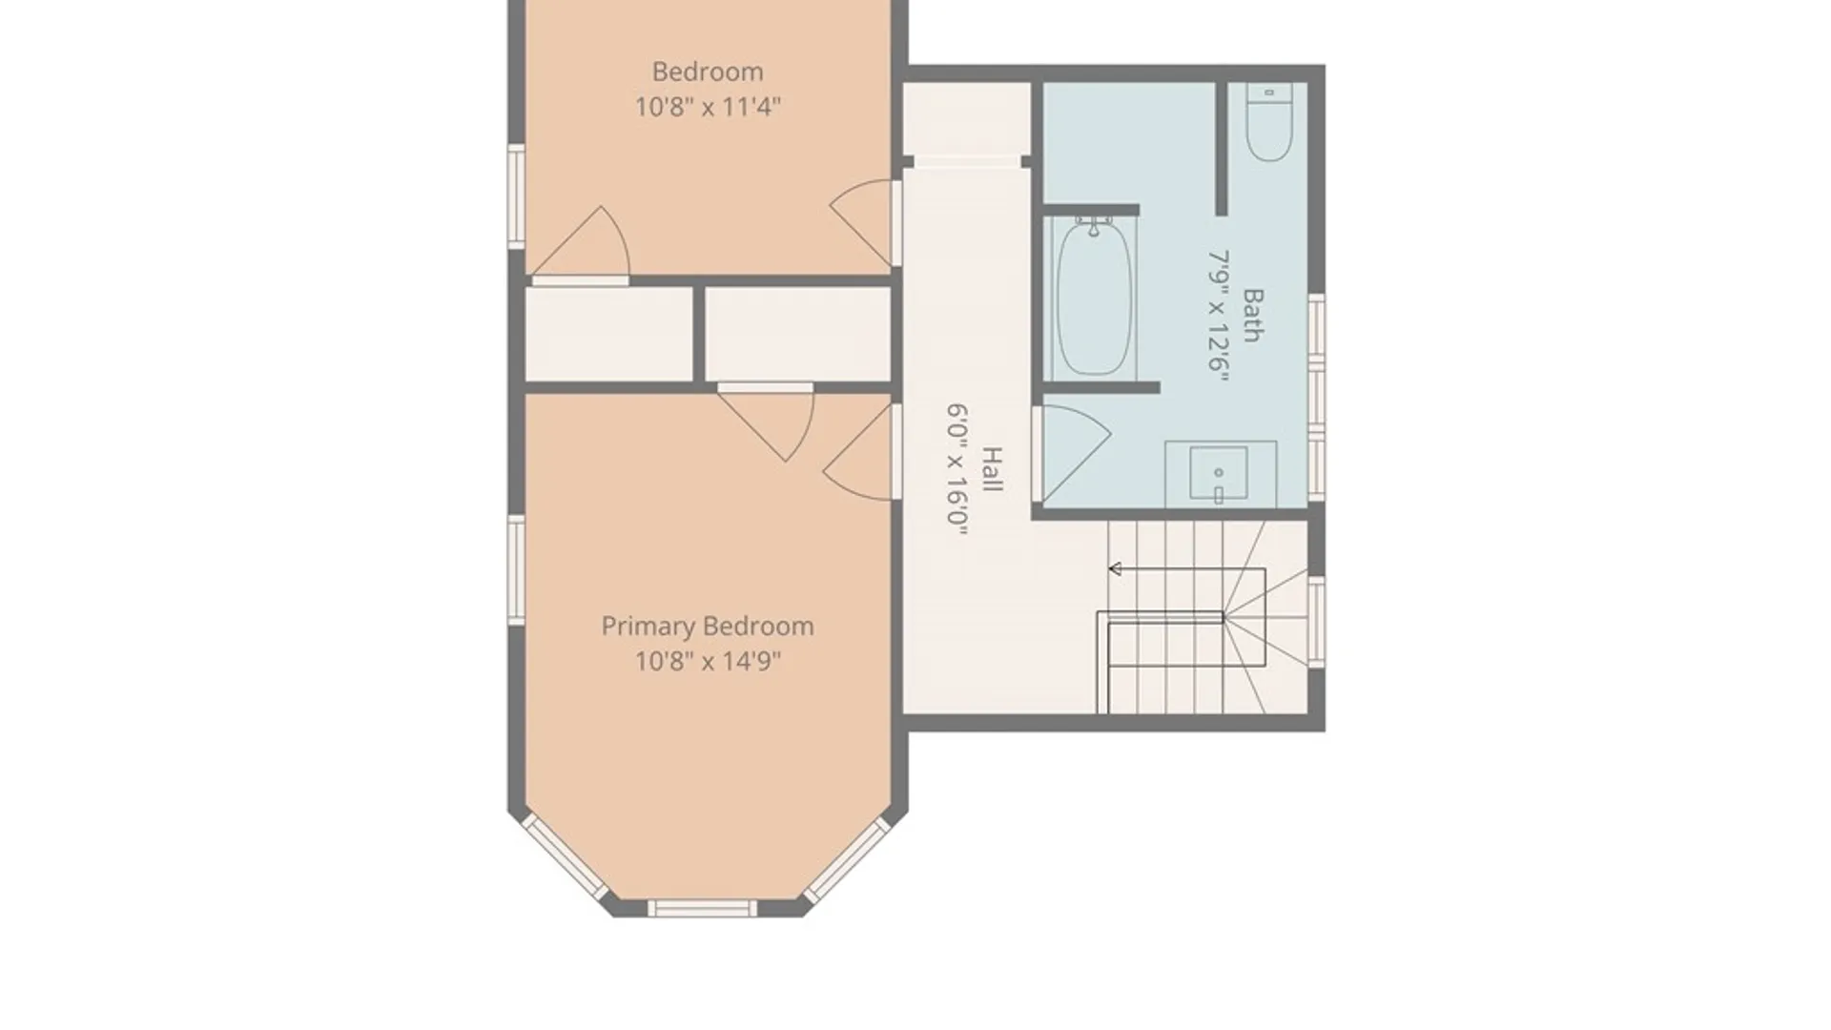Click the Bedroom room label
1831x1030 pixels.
pos(708,72)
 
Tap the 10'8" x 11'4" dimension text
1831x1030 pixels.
pos(708,106)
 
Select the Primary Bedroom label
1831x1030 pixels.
pos(708,627)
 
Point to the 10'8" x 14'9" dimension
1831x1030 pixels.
pos(708,661)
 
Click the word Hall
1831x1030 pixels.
pos(993,469)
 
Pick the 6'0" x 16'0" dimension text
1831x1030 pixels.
pos(957,469)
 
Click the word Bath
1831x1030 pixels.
pos(1253,316)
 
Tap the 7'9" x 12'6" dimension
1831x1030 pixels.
pos(1219,316)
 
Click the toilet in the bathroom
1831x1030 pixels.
pos(1269,122)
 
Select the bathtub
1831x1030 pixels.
pos(1095,297)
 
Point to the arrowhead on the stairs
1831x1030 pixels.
pos(1115,569)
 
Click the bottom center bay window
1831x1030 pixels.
pos(703,908)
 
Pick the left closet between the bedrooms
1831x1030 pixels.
pos(609,335)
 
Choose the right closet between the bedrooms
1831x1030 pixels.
pos(798,335)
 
